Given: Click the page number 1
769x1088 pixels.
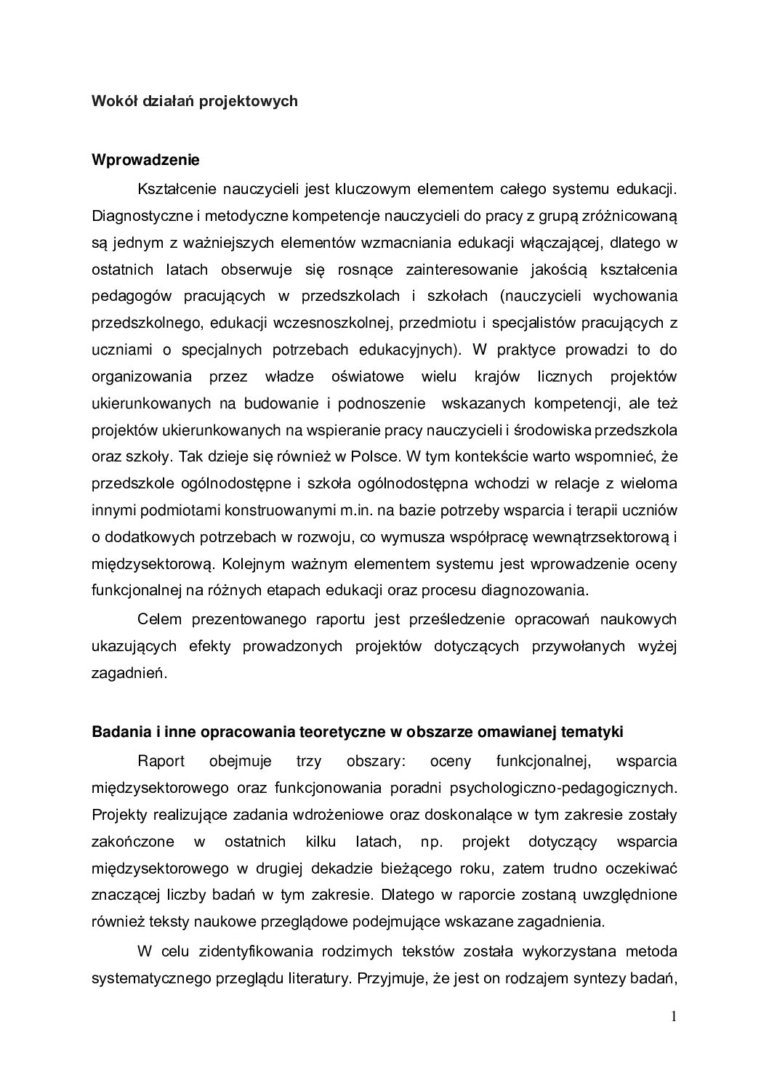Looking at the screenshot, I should coord(674,1016).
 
